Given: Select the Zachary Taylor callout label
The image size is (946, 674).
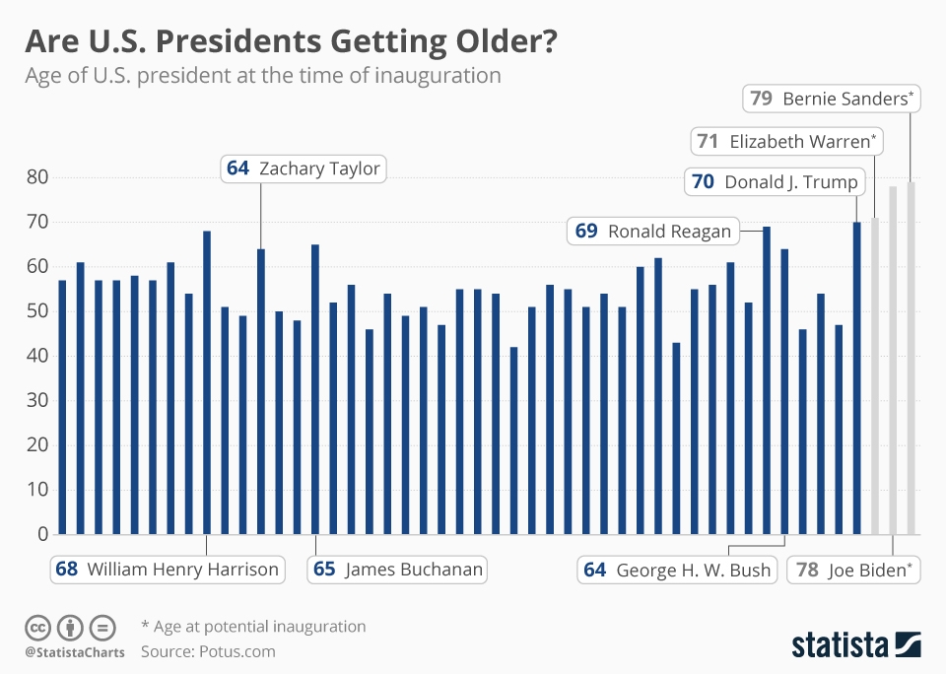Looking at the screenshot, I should (x=303, y=168).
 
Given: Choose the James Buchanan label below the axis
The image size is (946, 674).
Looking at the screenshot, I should (x=398, y=569).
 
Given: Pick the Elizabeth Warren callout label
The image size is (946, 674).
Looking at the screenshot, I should (x=785, y=141).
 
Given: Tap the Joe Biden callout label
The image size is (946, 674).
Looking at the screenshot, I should (x=853, y=569).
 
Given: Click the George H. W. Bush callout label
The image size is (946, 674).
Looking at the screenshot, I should (x=678, y=570).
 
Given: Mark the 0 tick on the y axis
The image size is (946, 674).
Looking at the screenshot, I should (x=42, y=534).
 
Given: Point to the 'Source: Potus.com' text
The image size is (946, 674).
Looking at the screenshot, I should (x=208, y=651).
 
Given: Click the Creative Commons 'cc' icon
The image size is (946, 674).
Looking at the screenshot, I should (x=37, y=627).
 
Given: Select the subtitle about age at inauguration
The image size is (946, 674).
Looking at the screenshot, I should (x=263, y=76).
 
